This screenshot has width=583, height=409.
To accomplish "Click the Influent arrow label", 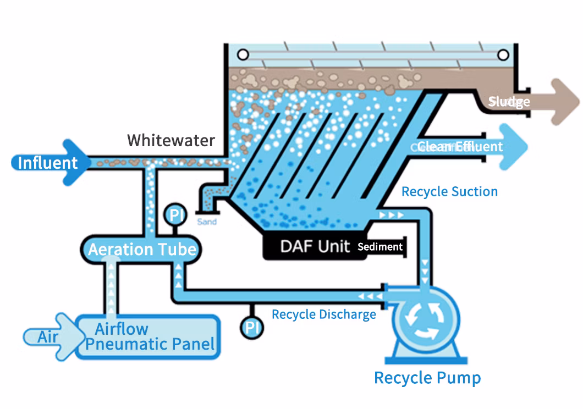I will click(x=48, y=163).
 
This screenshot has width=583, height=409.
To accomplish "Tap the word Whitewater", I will click(x=171, y=140).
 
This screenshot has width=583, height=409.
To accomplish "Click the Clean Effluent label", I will click(x=460, y=146).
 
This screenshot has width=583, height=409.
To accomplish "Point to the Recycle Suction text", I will click(x=449, y=191).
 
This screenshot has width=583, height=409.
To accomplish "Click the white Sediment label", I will click(x=380, y=247).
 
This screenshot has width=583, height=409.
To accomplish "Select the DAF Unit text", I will click(x=315, y=246).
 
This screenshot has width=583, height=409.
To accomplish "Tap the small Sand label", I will click(x=207, y=222).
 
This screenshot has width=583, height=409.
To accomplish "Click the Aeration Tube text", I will click(x=142, y=250).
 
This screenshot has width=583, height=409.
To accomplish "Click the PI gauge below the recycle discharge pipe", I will click(x=252, y=328).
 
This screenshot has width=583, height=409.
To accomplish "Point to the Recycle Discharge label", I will click(x=324, y=314).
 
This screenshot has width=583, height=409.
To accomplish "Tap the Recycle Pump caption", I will click(x=427, y=378).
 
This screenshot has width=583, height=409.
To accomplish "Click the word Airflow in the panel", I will click(x=122, y=329).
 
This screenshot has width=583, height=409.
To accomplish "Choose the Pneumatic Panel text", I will click(x=150, y=345).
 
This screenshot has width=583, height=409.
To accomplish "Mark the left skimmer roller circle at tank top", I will click(x=243, y=54).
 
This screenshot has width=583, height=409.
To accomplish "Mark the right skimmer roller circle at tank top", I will click(x=503, y=54).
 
